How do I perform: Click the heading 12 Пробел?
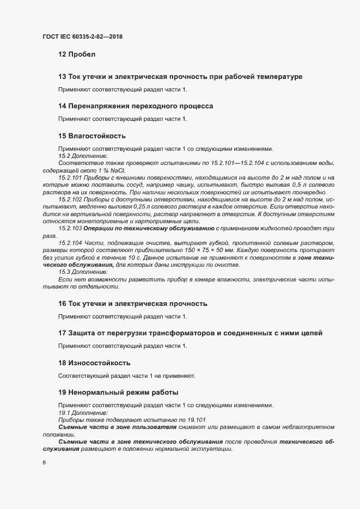point(76,55)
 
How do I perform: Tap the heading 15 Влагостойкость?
point(92,135)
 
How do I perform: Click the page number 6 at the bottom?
point(44,463)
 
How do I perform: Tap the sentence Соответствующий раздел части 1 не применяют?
point(126,376)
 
